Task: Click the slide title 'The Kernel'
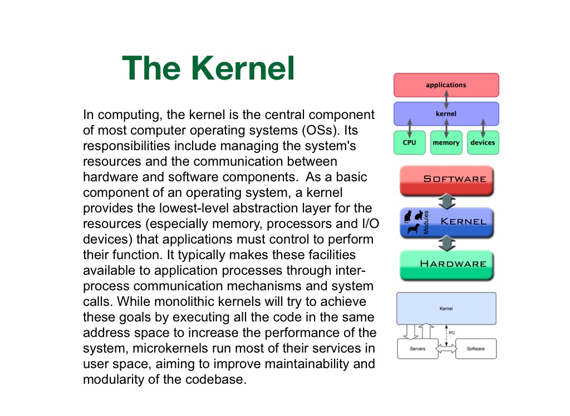click(x=208, y=68)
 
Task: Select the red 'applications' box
click(x=446, y=85)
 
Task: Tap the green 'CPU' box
click(x=409, y=142)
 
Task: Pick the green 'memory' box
click(x=446, y=142)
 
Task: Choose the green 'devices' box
click(x=483, y=142)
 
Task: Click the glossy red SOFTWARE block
click(x=447, y=180)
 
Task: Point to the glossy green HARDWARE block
click(x=447, y=264)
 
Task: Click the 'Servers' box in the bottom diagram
click(x=417, y=349)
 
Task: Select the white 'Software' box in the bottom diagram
click(x=475, y=349)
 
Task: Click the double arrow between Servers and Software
click(x=446, y=349)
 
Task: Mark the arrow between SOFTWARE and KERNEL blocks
click(x=447, y=201)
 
